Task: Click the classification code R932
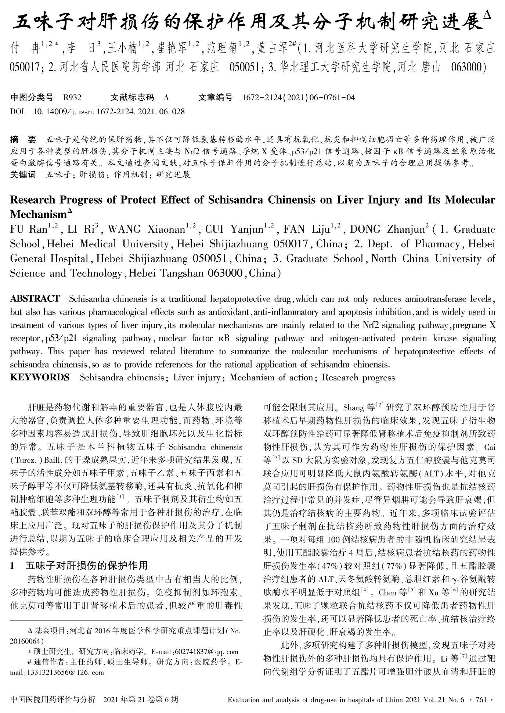(x=72, y=97)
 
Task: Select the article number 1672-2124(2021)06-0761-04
(x=299, y=97)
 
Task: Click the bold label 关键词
(x=23, y=175)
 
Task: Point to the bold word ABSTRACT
(x=35, y=298)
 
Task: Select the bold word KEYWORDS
(x=39, y=377)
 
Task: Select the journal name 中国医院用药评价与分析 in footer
(x=53, y=699)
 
